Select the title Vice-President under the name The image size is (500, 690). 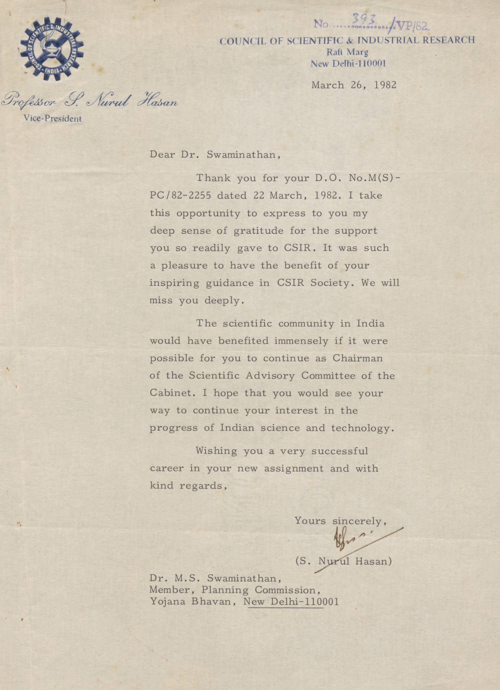53,119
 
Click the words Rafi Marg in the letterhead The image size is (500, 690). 347,52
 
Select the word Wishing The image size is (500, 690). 217,451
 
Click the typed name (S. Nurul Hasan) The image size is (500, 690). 343,561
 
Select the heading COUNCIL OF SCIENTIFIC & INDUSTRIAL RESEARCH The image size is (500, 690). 347,40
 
